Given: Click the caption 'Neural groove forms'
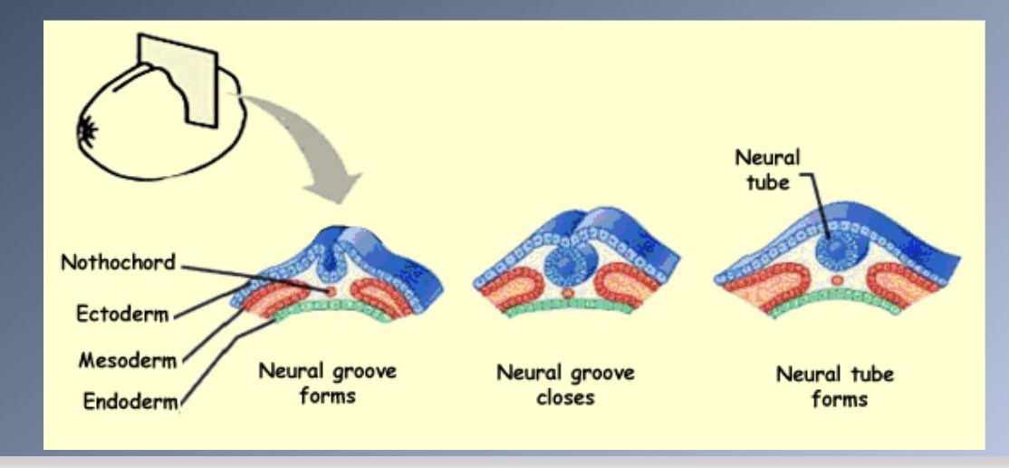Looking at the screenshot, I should (x=327, y=383).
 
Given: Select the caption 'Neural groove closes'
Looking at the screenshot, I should (x=565, y=385).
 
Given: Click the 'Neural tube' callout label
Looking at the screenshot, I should (x=766, y=169).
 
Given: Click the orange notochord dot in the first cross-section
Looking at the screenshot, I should (x=331, y=290).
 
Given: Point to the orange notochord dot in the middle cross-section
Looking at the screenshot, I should (x=568, y=293).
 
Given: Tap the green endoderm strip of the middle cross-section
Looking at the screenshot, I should (x=569, y=307).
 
